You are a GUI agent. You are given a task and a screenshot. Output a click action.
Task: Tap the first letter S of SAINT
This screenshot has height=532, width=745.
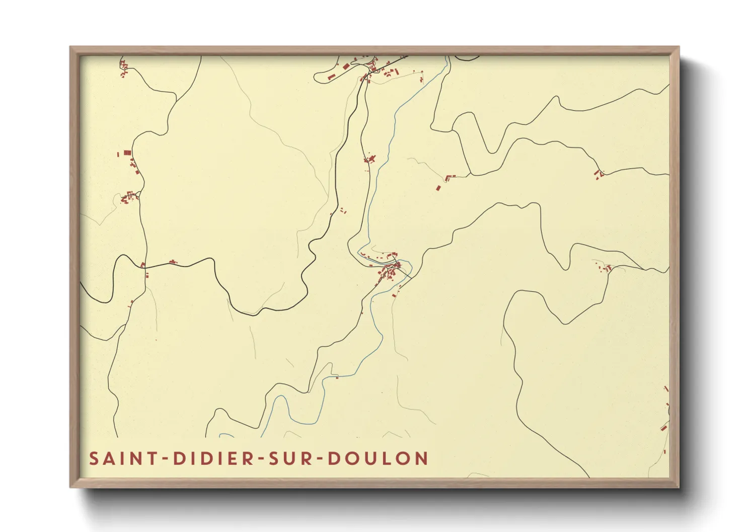[x=94, y=459]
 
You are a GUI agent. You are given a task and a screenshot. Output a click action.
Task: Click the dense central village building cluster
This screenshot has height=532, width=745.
[x=391, y=272]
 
